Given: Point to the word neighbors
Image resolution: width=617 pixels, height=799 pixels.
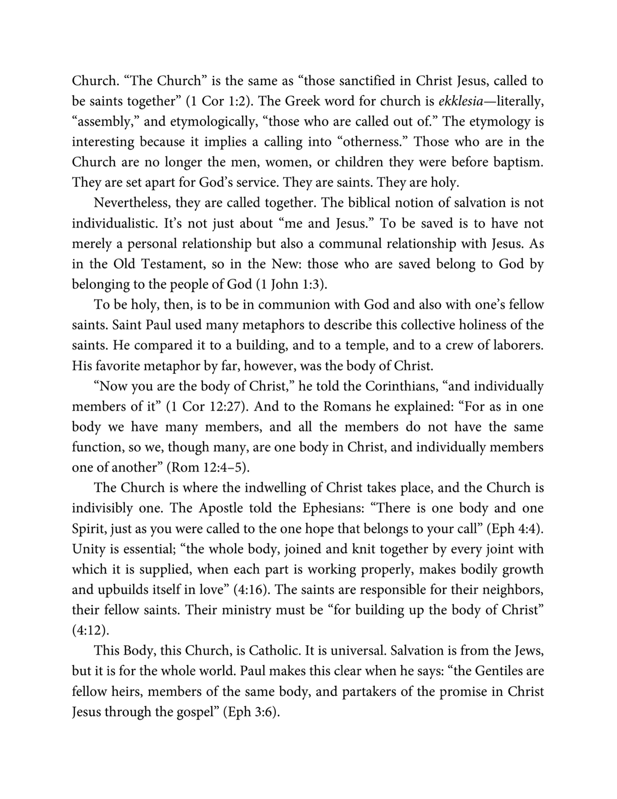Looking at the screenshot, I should [515, 590].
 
